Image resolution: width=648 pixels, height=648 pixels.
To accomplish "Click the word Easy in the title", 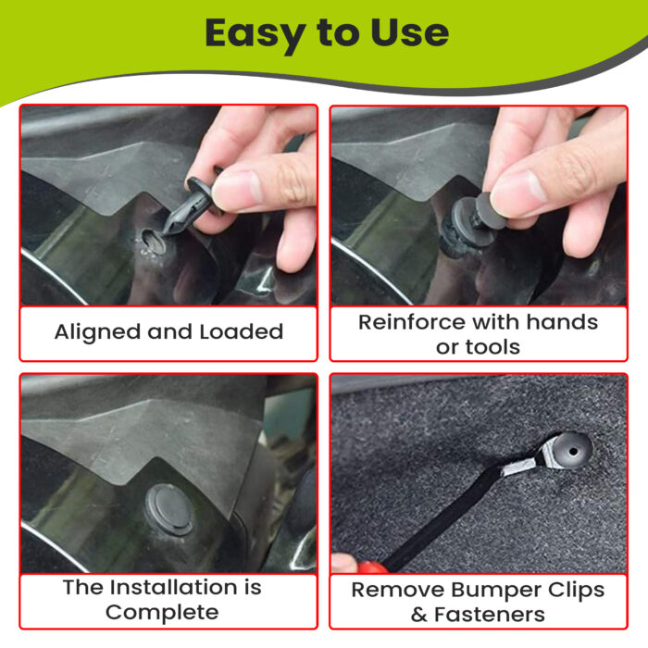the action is pos(255,34).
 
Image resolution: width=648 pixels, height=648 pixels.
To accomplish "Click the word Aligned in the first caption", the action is pos(98,332).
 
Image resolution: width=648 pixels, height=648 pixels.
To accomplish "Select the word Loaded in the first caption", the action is pos(242,331).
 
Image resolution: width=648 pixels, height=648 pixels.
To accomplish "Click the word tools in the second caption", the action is pos(493,347).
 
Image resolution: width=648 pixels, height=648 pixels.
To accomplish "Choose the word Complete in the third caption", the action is pos(162,613).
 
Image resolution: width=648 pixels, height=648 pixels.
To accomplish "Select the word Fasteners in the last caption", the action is pos(490,615).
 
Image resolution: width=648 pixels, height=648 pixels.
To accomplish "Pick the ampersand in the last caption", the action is pos(419,615).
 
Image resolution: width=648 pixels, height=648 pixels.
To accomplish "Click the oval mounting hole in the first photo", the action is pos(154,242).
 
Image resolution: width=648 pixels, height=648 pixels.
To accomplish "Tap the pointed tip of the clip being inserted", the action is pos(164,235).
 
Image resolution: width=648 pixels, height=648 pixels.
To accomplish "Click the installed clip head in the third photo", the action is pos(169,510).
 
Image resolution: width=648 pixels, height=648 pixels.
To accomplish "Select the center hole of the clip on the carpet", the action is pos(573,451).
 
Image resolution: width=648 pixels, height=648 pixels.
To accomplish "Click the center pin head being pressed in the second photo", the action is pos(490,211).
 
